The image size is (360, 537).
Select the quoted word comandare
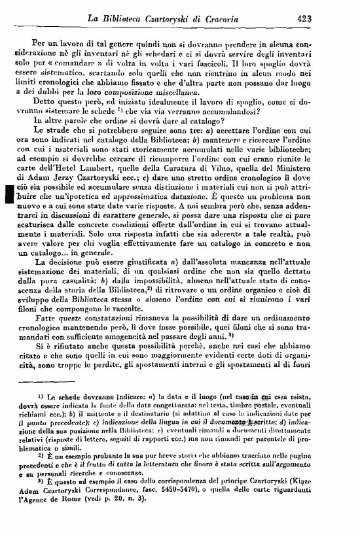(x=81, y=65)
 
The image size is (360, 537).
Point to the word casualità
(x=94, y=296)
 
